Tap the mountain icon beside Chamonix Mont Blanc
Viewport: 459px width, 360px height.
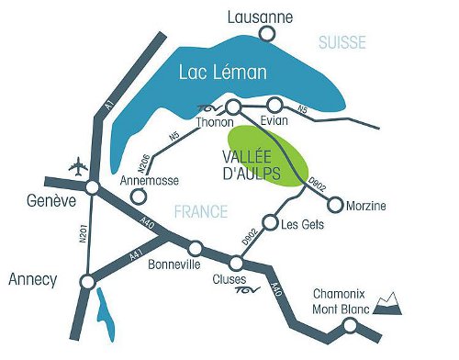point(390,305)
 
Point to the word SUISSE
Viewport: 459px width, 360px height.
point(342,42)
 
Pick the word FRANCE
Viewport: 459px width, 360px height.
point(199,212)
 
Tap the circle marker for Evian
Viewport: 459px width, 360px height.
point(275,105)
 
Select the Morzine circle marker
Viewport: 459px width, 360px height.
point(335,204)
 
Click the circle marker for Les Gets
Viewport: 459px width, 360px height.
point(270,222)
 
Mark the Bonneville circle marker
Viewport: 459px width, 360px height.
point(195,248)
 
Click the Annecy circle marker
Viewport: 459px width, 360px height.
point(87,281)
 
